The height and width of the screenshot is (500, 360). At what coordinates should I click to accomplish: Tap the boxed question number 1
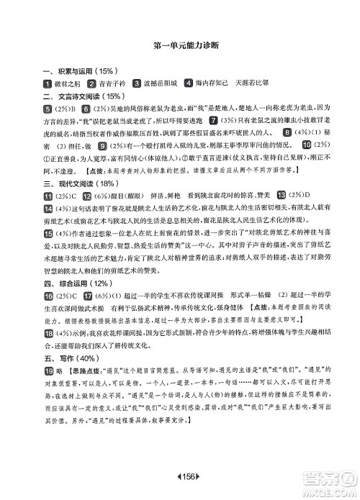(48, 83)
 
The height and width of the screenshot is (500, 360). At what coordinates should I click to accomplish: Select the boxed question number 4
(189, 83)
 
